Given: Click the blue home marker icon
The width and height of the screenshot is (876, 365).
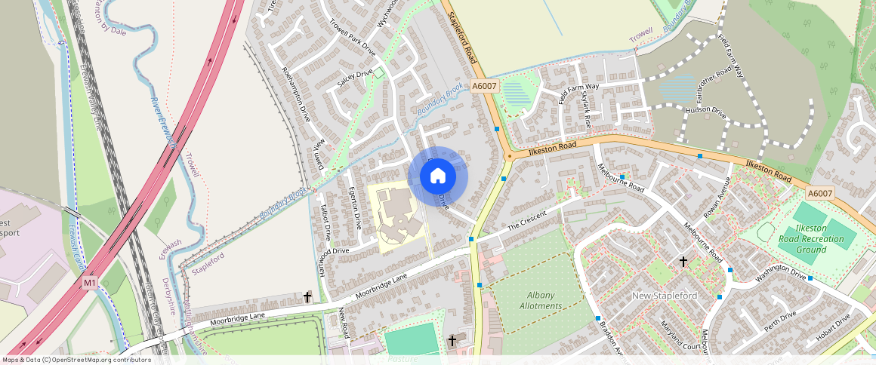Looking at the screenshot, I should click(x=438, y=176).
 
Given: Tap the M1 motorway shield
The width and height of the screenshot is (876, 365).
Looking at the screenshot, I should click(x=90, y=283).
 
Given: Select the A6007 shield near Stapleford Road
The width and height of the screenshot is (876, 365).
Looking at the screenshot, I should click(x=484, y=87).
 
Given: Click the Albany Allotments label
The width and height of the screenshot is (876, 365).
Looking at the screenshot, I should click(x=541, y=301).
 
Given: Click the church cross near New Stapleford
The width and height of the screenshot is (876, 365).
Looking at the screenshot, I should click(x=683, y=262).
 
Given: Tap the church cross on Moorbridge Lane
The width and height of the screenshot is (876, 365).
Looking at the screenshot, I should click(x=307, y=297).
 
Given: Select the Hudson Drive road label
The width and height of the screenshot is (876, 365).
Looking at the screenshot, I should click(x=706, y=112).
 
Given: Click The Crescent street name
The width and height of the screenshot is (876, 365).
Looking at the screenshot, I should click(x=526, y=221).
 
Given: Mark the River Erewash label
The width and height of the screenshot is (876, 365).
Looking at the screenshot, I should click(x=164, y=121).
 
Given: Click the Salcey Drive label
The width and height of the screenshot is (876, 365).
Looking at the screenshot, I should click(x=355, y=78).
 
